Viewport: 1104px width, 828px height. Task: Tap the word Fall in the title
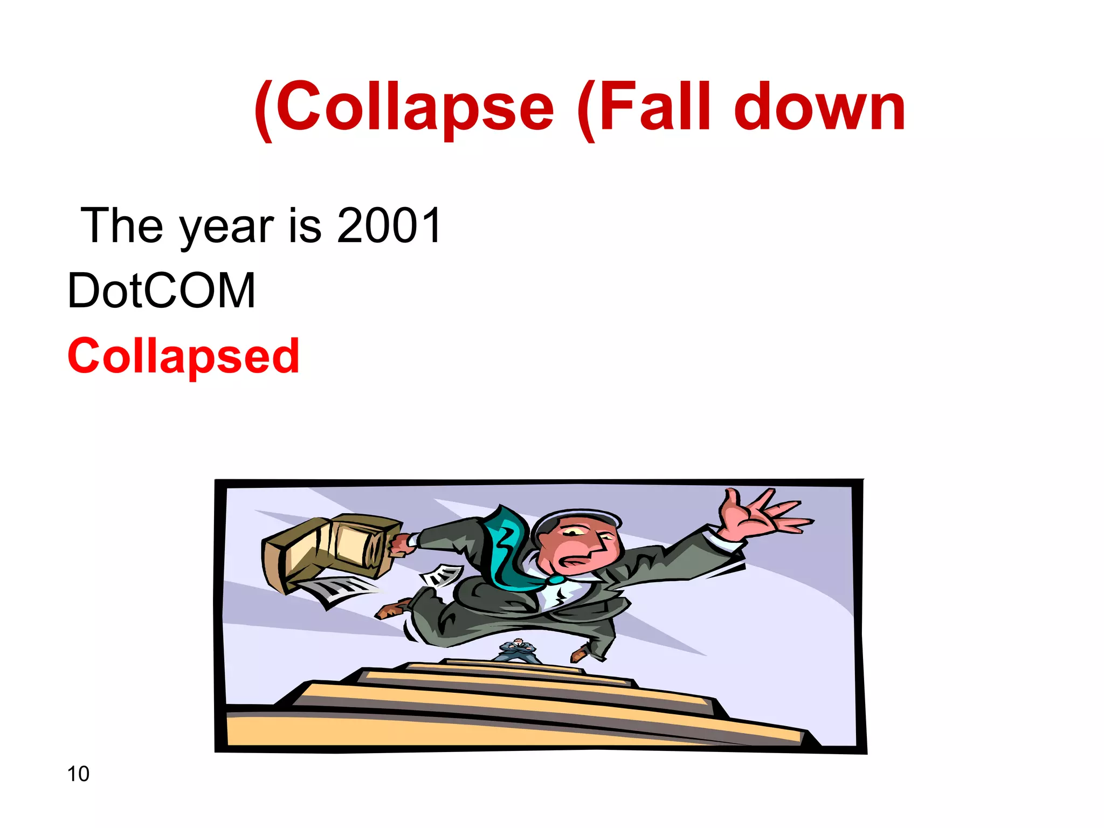[x=647, y=108]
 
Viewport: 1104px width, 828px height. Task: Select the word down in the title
[x=819, y=108]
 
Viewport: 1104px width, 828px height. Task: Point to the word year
[x=226, y=229]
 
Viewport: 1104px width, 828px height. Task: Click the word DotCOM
[x=161, y=291]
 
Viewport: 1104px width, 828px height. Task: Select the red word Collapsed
[x=183, y=357]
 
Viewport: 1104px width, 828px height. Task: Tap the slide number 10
[x=78, y=774]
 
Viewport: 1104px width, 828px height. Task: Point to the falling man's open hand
[x=760, y=515]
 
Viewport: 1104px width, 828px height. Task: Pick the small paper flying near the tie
[x=442, y=576]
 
